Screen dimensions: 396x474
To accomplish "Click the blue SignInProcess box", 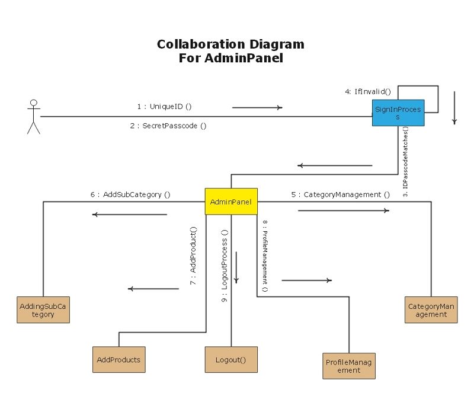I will click(398, 113).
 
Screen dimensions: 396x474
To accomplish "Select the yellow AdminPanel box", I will click(231, 202).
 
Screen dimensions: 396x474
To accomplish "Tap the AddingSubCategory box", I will click(43, 310).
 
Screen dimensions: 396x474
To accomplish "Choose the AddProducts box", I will click(118, 359).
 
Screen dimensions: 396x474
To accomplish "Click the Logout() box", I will click(231, 359).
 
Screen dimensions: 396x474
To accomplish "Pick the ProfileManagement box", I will click(350, 366).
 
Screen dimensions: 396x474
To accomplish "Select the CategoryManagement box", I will click(431, 310).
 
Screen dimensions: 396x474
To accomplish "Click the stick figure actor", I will click(34, 117).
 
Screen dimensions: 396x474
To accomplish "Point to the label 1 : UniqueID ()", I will click(164, 107).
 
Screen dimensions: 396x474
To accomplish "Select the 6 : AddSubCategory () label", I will click(130, 194).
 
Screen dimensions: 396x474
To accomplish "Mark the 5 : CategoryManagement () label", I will click(341, 194).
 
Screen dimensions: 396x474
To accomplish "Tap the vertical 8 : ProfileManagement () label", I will click(265, 256).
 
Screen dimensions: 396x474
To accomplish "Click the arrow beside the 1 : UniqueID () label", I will click(257, 108).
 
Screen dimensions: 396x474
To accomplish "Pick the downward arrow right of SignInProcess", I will click(454, 108).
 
